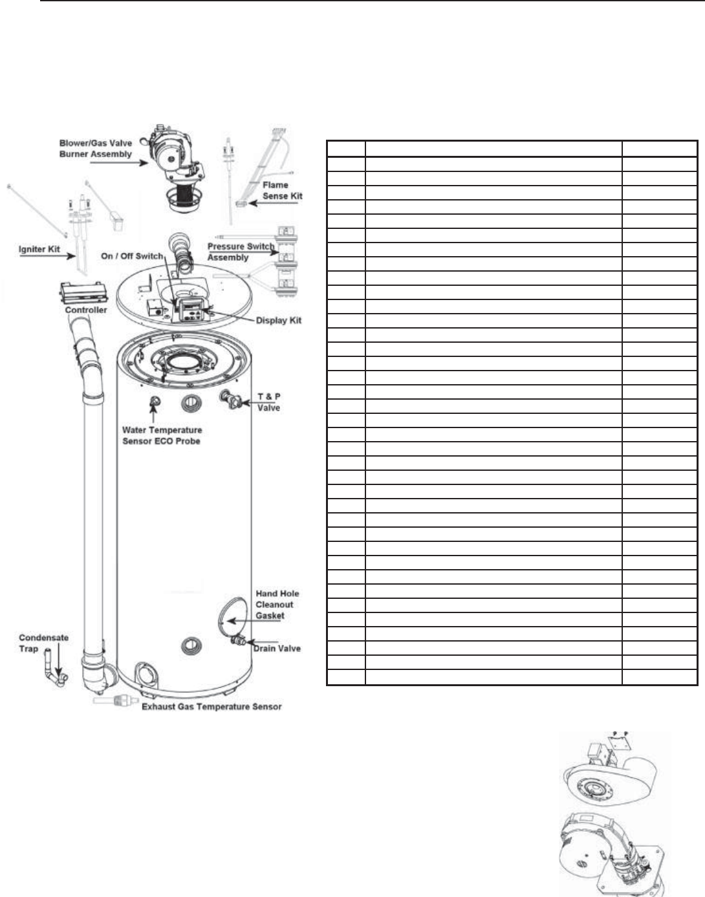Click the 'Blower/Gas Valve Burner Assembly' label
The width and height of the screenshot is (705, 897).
tap(96, 149)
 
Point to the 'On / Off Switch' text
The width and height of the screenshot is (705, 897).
tap(132, 256)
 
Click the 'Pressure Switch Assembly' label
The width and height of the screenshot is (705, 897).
tap(240, 252)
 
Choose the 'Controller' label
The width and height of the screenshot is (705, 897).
tap(86, 310)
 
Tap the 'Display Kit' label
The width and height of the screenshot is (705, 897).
tap(278, 321)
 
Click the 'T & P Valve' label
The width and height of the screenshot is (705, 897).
tap(269, 402)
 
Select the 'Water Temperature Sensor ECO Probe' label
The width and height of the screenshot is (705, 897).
tap(162, 435)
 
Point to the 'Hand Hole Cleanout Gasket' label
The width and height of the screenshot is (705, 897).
tap(277, 605)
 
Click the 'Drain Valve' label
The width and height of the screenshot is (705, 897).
tap(277, 648)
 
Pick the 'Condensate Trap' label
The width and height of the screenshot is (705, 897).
tap(43, 643)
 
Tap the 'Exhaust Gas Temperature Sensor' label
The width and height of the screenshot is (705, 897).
tap(211, 706)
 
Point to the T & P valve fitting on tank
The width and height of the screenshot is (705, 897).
tap(231, 399)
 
